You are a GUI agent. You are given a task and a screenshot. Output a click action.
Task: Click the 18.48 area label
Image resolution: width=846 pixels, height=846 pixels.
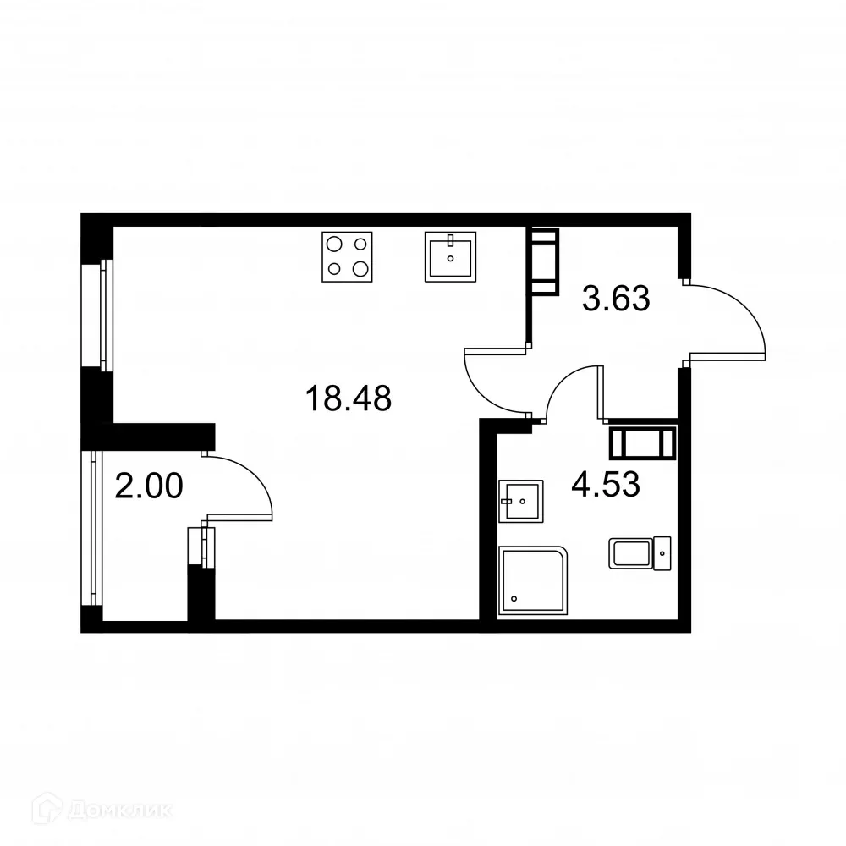click(349, 398)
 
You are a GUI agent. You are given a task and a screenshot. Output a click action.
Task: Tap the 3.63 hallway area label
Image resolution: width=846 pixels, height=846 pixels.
click(616, 299)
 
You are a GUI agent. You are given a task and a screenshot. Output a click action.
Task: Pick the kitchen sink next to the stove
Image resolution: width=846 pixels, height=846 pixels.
click(450, 255)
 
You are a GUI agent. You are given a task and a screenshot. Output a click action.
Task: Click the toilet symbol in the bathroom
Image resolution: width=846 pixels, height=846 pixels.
click(640, 553)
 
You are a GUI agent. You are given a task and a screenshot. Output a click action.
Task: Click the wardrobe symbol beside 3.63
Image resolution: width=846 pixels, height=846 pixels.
click(544, 261)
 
